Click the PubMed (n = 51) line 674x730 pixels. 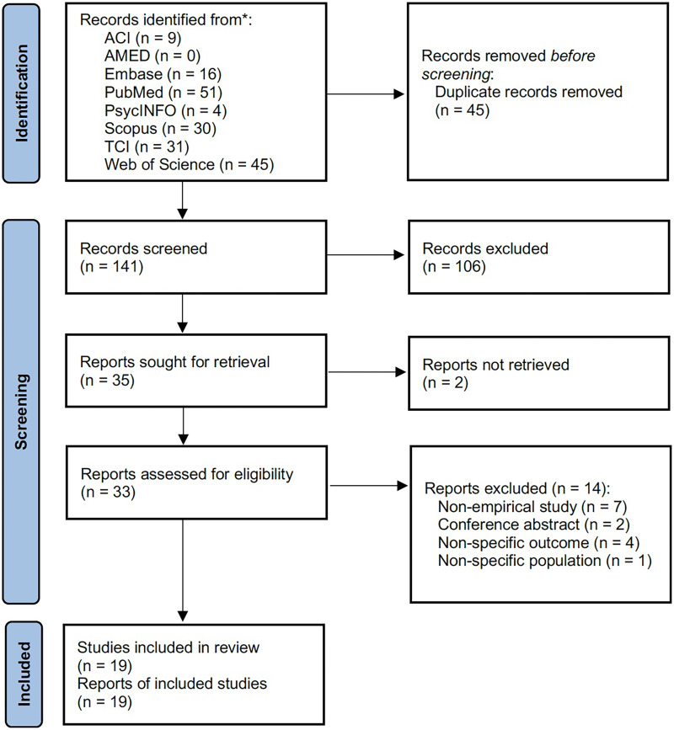coord(163,92)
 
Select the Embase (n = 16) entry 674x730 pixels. coord(163,74)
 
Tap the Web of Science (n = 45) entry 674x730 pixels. coord(189,164)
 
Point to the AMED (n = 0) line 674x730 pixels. coord(152,56)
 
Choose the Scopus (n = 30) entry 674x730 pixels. coord(160,129)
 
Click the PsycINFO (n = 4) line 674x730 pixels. coord(165,110)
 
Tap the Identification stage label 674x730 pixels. coord(21,93)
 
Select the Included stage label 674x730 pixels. coord(24,674)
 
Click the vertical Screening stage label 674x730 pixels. coord(21,412)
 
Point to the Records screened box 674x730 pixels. coord(196,258)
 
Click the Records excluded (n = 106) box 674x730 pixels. coord(539,258)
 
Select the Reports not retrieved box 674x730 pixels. coord(539,373)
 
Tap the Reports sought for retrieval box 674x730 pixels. coord(196,370)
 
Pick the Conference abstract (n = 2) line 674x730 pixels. coord(534,525)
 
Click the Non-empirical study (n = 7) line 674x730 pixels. coord(532,507)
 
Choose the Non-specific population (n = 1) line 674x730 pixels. coord(544,561)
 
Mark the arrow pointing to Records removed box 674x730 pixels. coord(366,94)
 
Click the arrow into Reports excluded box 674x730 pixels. coord(369,486)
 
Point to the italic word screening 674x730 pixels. coord(456,74)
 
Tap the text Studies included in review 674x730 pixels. coord(168,647)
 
